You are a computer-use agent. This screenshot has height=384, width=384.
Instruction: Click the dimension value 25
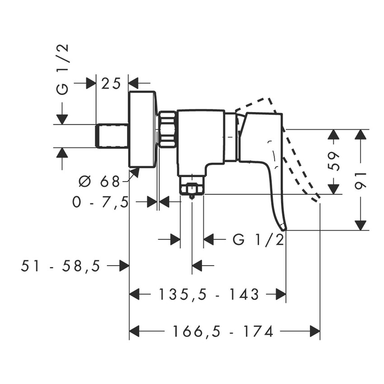112,83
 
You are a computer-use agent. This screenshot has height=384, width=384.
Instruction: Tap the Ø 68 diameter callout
99,182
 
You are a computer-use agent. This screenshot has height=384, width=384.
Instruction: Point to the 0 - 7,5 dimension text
101,202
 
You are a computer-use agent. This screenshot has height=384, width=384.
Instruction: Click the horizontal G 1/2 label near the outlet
258,239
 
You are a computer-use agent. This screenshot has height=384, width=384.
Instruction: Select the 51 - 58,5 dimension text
61,266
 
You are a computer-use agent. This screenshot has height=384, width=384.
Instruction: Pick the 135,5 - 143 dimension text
208,295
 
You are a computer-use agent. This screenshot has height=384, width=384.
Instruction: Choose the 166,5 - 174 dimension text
223,332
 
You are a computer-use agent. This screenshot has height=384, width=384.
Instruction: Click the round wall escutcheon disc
143,129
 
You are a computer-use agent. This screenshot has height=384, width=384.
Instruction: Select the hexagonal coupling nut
168,129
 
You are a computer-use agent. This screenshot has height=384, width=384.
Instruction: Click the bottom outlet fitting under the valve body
192,187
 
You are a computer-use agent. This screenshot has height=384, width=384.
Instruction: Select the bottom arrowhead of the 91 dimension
361,225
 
